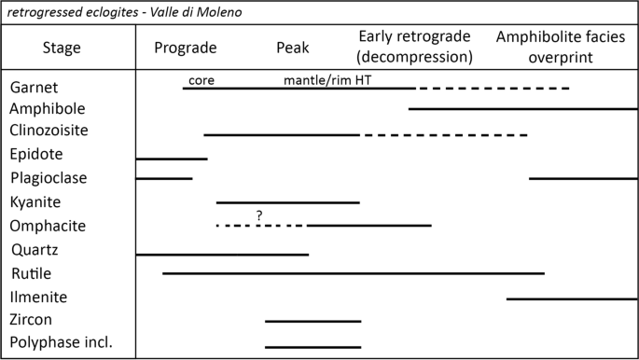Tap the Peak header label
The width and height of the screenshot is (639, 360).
click(293, 48)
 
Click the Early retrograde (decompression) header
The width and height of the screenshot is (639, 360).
click(415, 48)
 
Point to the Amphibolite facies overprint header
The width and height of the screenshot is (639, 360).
click(560, 48)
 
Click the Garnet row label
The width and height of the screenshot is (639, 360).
click(34, 87)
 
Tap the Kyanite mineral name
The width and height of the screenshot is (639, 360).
click(36, 201)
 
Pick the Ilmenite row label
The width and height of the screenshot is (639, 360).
click(38, 298)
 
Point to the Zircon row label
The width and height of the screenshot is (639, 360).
click(33, 320)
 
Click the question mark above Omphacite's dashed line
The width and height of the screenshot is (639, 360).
click(259, 215)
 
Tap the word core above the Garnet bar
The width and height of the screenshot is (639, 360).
click(201, 80)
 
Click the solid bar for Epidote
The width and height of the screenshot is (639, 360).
click(172, 159)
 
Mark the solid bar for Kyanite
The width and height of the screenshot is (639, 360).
click(287, 201)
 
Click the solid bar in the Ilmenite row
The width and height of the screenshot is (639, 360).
click(572, 298)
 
